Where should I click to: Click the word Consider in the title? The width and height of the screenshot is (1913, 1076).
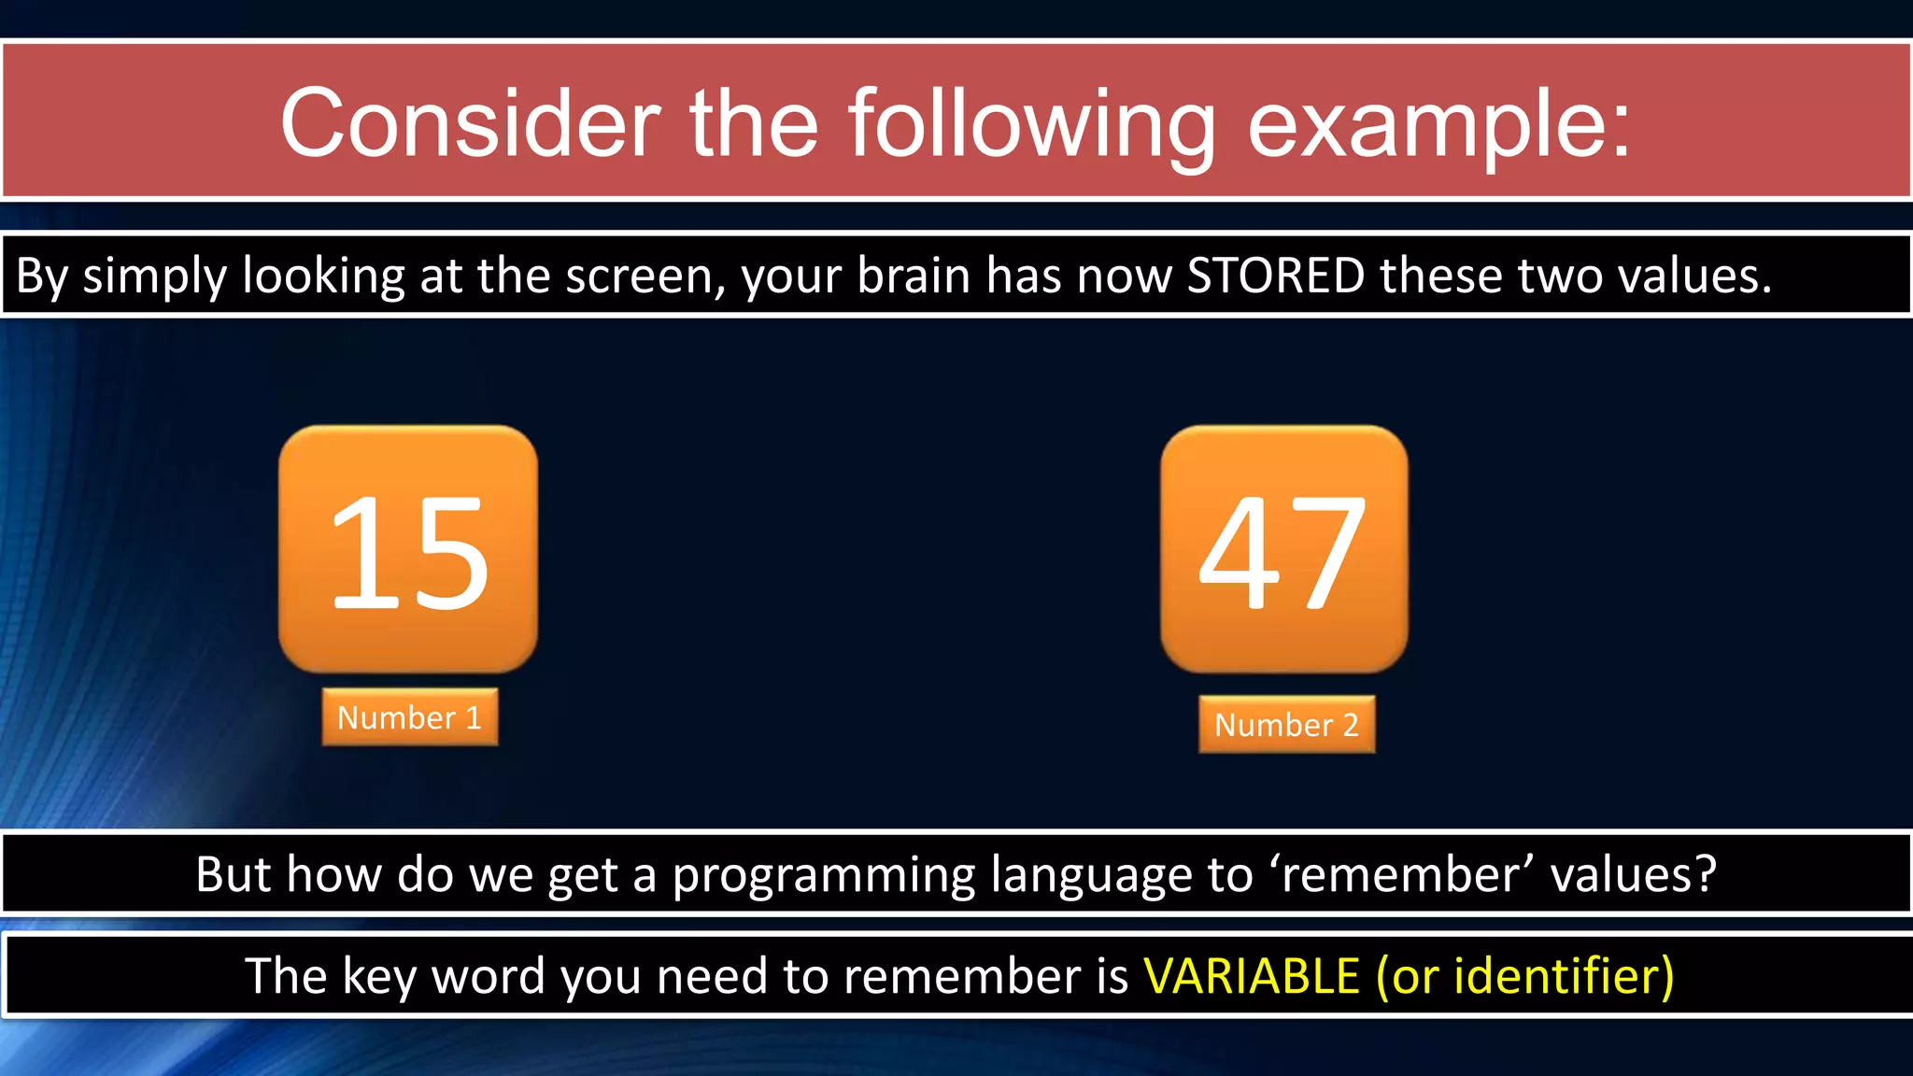[470, 123]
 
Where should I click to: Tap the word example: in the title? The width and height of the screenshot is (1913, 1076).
[1439, 123]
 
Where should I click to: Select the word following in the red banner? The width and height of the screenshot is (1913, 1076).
[1032, 123]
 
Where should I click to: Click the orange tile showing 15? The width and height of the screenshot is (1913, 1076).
[408, 549]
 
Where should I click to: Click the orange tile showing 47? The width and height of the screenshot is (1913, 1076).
[1283, 549]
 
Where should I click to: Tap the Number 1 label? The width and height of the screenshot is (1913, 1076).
[409, 717]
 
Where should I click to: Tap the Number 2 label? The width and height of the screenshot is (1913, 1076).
[1286, 725]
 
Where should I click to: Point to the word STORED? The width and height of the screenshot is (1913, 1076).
[1275, 276]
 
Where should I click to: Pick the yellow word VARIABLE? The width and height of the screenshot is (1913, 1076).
[1251, 976]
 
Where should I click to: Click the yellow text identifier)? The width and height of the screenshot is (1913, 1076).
[1564, 976]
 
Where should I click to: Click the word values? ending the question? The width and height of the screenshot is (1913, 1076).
[1633, 875]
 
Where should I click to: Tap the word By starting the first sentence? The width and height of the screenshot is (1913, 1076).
[42, 276]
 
